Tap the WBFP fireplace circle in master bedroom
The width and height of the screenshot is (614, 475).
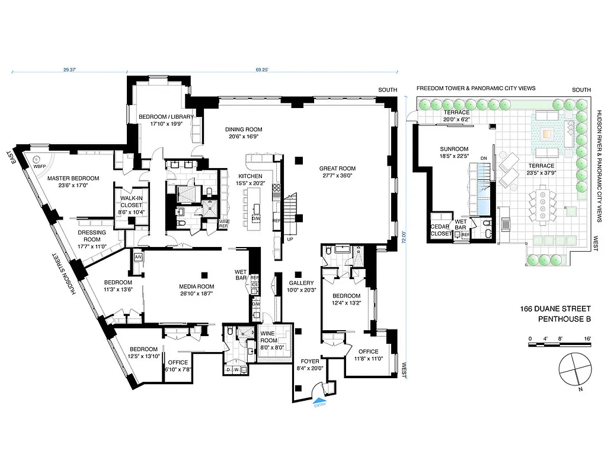(37, 160)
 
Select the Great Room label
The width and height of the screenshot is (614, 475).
(336, 172)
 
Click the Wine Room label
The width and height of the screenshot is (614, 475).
(273, 336)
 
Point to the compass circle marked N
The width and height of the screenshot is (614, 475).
(573, 368)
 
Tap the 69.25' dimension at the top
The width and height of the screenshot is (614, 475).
(262, 69)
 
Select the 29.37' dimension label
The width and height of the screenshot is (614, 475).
(70, 69)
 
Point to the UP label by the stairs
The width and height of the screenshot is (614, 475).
(290, 239)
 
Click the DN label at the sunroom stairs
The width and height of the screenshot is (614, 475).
(484, 158)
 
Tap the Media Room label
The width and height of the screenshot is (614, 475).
(197, 290)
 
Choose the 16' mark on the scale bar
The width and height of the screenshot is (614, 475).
(588, 338)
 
